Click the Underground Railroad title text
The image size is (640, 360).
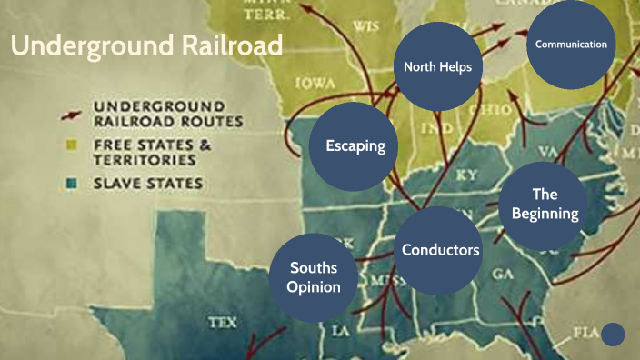pyautogui.click(x=147, y=45)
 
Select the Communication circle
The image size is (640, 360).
pyautogui.click(x=571, y=45)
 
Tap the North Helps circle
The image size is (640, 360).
pyautogui.click(x=437, y=66)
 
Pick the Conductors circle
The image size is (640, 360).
pyautogui.click(x=441, y=249)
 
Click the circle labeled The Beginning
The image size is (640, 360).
pyautogui.click(x=545, y=205)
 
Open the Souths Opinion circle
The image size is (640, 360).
pyautogui.click(x=314, y=276)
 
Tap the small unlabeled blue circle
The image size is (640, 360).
pyautogui.click(x=614, y=335)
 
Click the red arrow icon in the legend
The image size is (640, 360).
pyautogui.click(x=66, y=114)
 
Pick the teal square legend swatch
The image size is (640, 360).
pyautogui.click(x=69, y=184)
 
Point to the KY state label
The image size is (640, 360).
pyautogui.click(x=466, y=174)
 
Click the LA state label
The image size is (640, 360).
pyautogui.click(x=341, y=331)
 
